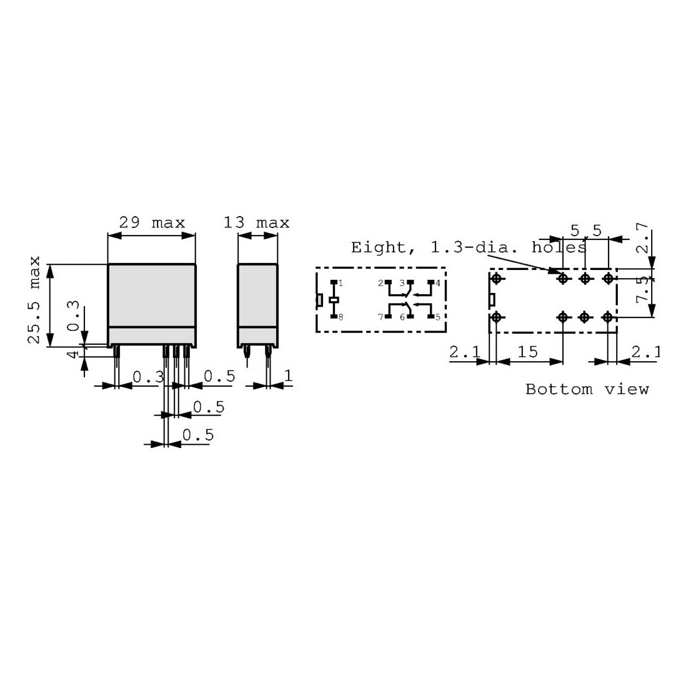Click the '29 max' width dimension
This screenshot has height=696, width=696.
pyautogui.click(x=152, y=222)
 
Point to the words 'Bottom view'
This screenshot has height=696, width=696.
pyautogui.click(x=587, y=389)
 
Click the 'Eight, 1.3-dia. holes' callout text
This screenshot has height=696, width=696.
pyautogui.click(x=469, y=247)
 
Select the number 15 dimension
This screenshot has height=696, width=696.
pyautogui.click(x=528, y=352)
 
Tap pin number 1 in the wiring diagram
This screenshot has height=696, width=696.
pyautogui.click(x=341, y=283)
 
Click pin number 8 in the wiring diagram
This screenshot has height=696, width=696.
pyautogui.click(x=341, y=317)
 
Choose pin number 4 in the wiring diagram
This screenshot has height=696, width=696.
pyautogui.click(x=438, y=283)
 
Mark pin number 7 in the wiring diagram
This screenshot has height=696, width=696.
pyautogui.click(x=380, y=317)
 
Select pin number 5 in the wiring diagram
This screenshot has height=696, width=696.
pyautogui.click(x=438, y=317)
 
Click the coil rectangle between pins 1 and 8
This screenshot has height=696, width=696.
pyautogui.click(x=334, y=300)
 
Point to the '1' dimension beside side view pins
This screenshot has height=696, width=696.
pyautogui.click(x=288, y=375)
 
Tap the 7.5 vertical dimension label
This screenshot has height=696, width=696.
pyautogui.click(x=643, y=291)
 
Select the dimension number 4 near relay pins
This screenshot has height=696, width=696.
pyautogui.click(x=73, y=354)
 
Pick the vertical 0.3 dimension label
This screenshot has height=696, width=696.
pyautogui.click(x=73, y=318)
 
